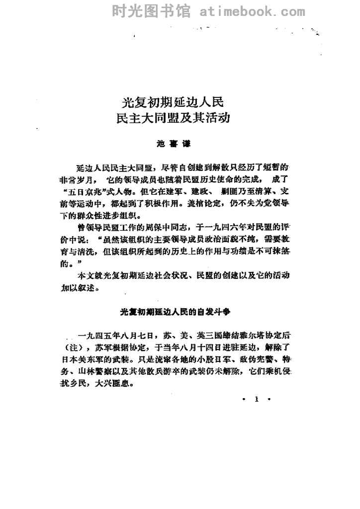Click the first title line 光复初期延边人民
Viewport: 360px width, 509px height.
174,103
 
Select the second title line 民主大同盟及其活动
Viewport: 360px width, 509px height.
174,120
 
